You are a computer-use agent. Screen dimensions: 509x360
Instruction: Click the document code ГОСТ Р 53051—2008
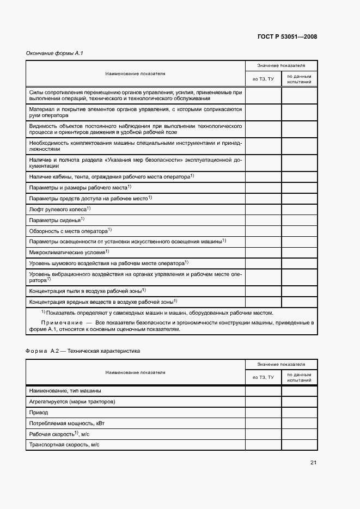click(286, 37)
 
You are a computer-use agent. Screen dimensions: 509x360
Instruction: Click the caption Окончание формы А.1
click(54, 53)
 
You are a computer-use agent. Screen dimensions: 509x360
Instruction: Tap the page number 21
click(313, 463)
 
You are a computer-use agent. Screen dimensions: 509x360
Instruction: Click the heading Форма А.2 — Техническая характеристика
click(83, 351)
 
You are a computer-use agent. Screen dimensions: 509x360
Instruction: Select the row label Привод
click(39, 412)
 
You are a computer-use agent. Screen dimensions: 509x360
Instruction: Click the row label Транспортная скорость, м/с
click(64, 445)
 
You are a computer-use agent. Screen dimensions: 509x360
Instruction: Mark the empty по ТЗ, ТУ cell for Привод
click(263, 412)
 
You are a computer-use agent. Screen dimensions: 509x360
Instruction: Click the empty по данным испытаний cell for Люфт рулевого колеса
click(299, 209)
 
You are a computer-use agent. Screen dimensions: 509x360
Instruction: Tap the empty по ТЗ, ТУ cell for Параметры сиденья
click(263, 220)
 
